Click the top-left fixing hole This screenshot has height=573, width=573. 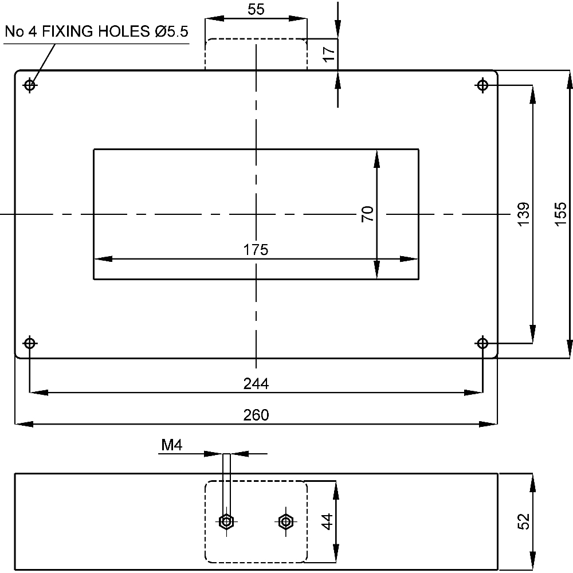coord(30,85)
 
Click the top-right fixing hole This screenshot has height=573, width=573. coord(482,85)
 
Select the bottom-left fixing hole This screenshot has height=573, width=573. coord(30,344)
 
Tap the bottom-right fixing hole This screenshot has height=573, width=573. coord(482,344)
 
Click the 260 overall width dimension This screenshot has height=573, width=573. coord(256,415)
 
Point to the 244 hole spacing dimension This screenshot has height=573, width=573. coord(256,383)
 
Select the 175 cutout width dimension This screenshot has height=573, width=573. coord(256,250)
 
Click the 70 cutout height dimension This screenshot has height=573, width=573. coord(368,214)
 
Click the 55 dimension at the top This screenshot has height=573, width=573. coord(256,9)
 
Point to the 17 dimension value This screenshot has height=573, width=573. coord(328,54)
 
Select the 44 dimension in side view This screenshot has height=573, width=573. coord(326,521)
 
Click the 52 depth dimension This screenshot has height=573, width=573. coord(523,521)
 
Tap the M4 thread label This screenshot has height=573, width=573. coord(171,445)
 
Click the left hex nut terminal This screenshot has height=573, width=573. coord(226,521)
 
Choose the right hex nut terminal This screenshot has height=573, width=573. coord(285,521)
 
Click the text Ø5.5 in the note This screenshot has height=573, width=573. coord(171,32)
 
